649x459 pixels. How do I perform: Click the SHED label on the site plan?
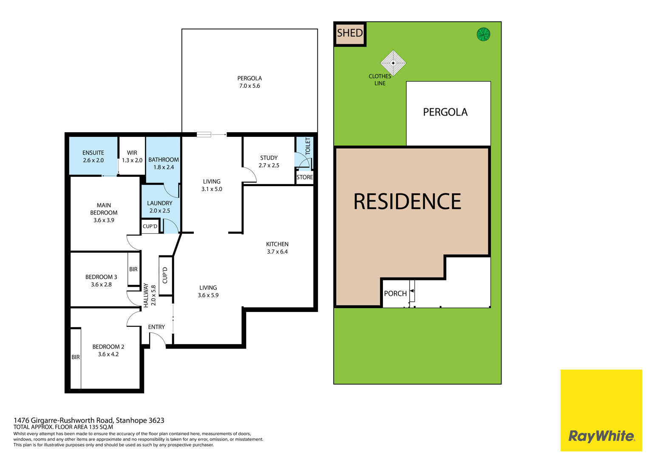tap(350, 33)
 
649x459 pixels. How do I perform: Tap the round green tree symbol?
tap(483, 34)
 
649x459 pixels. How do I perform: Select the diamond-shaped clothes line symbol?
tap(393, 63)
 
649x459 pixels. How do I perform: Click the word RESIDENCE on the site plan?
tap(407, 201)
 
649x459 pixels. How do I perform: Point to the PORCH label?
tap(395, 294)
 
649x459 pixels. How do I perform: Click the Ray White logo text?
tap(602, 436)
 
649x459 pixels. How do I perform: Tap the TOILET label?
tap(308, 146)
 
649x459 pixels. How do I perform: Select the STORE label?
tap(304, 177)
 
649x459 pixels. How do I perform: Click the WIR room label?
tap(132, 153)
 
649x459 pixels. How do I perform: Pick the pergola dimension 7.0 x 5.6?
tap(249, 86)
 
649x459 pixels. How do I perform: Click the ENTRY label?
tap(156, 327)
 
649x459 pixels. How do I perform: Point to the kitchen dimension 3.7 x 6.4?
tap(277, 252)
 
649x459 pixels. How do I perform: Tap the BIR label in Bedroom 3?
tap(133, 269)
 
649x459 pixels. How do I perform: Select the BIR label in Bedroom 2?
tap(76, 357)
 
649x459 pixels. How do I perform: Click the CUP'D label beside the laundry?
tap(150, 226)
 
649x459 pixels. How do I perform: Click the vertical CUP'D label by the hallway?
tap(165, 275)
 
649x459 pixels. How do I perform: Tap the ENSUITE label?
tap(93, 153)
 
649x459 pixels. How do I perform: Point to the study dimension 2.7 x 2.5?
tap(269, 165)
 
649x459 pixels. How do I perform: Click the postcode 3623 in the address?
tap(156, 420)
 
